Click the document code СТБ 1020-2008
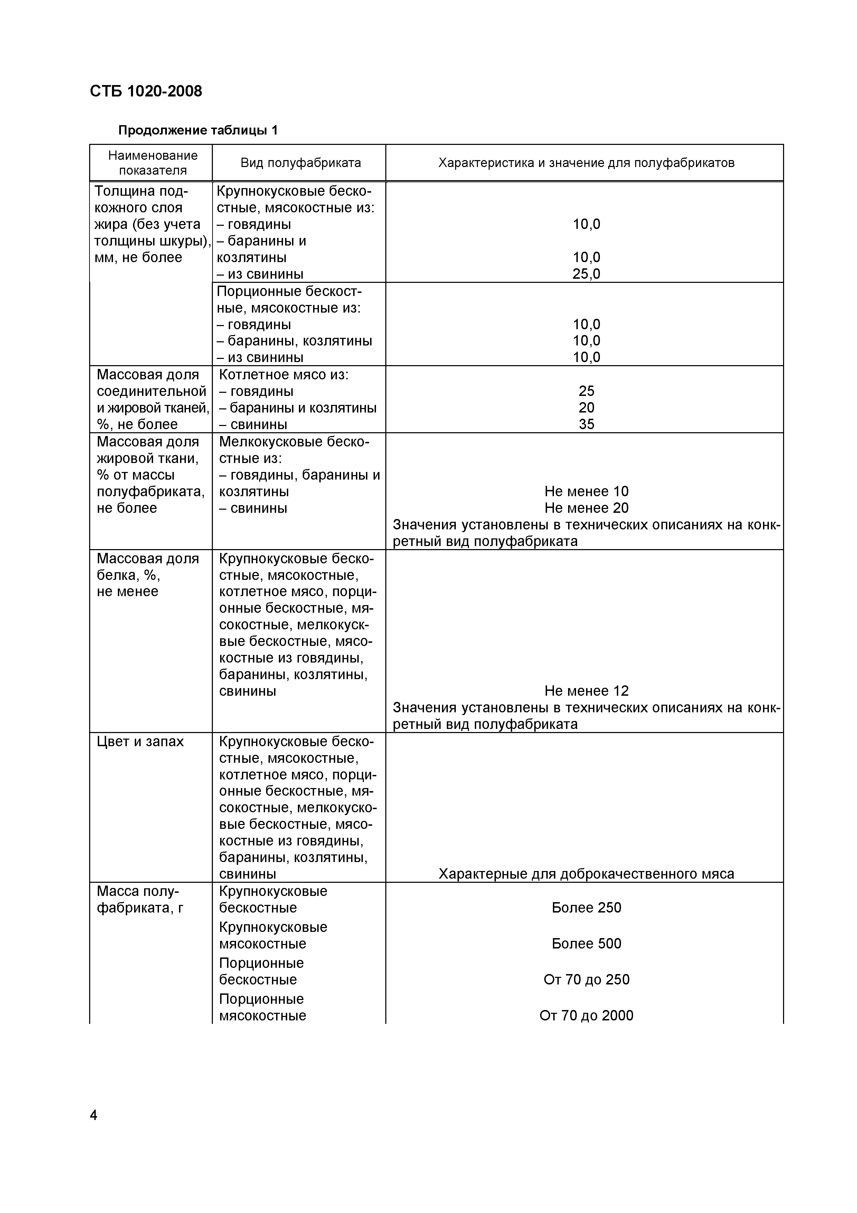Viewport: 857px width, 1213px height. (x=146, y=91)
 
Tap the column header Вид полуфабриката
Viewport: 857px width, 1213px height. (x=300, y=163)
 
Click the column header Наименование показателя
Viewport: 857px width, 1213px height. (x=153, y=163)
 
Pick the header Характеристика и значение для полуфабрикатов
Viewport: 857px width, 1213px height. (x=586, y=163)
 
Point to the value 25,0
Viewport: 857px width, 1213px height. (x=586, y=274)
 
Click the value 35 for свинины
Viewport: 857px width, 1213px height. (x=586, y=424)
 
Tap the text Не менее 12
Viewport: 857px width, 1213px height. (x=586, y=691)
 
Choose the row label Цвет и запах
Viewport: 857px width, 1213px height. (x=140, y=741)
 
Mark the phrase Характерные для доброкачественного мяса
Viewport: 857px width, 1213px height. (x=586, y=874)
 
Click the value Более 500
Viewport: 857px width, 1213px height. (x=586, y=944)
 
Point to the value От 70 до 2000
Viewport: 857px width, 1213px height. (x=586, y=1016)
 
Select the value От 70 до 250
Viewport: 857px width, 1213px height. (x=586, y=980)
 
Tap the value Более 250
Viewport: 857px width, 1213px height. (x=586, y=908)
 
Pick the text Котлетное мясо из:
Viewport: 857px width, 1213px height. (x=284, y=374)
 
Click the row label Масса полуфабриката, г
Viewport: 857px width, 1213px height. (x=139, y=899)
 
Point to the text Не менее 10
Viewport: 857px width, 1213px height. (x=586, y=491)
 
